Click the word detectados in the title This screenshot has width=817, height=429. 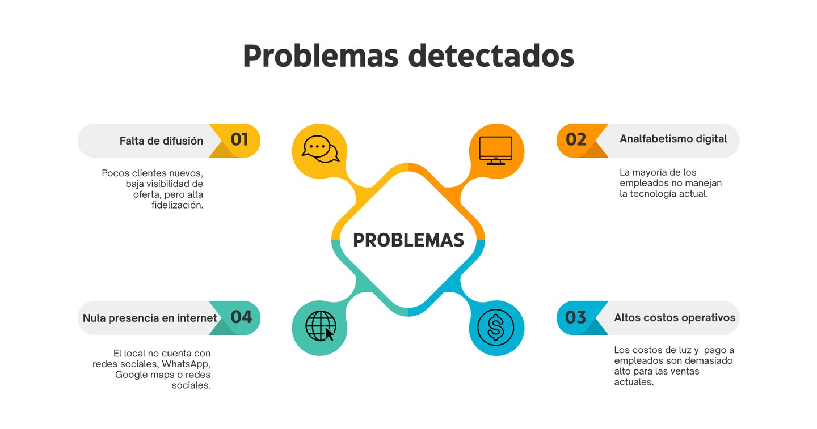point(491,56)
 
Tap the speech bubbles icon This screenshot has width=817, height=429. point(320,150)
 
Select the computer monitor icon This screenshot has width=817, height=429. point(496,151)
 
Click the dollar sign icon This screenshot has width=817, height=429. point(496,328)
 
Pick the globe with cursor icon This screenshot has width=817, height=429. point(321,328)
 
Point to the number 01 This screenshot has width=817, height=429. point(239,140)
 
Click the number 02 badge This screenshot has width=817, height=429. point(576,140)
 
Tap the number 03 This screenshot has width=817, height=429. point(576,317)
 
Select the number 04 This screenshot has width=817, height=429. point(241,317)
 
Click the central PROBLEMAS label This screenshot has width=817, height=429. point(408,240)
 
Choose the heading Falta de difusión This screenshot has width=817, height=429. point(161,141)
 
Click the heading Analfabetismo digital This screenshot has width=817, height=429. point(673,139)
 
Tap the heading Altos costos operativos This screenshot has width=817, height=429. point(675,318)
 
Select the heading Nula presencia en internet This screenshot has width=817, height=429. point(150,318)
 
